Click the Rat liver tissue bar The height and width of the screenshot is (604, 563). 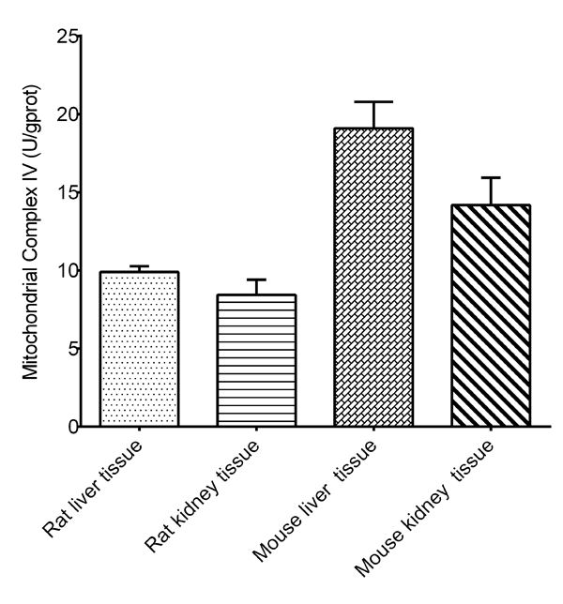pyautogui.click(x=139, y=349)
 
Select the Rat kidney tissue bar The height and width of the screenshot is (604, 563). pyautogui.click(x=256, y=361)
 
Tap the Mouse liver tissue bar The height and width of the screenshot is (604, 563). pyautogui.click(x=374, y=278)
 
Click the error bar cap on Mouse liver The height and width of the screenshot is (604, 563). pyautogui.click(x=374, y=102)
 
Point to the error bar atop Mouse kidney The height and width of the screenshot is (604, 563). pyautogui.click(x=492, y=178)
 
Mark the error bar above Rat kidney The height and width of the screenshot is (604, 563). pyautogui.click(x=256, y=280)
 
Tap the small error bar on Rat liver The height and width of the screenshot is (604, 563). pyautogui.click(x=139, y=267)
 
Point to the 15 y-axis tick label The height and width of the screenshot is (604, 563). pyautogui.click(x=66, y=193)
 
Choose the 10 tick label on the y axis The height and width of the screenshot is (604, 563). pyautogui.click(x=66, y=271)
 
